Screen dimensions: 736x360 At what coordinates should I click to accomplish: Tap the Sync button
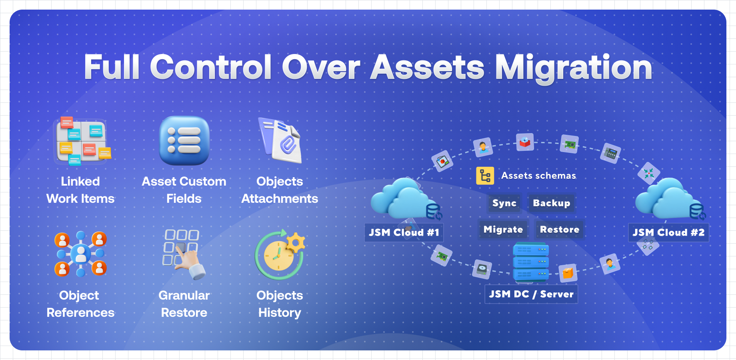(504, 203)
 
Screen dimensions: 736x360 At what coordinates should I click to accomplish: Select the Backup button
(552, 203)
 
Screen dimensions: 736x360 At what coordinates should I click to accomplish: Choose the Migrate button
(503, 230)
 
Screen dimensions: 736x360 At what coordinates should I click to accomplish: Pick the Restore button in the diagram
(560, 230)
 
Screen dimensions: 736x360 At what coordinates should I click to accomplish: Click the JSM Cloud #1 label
(404, 232)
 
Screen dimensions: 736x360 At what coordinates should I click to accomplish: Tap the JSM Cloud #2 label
(668, 232)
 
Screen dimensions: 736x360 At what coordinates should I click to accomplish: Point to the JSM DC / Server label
(531, 294)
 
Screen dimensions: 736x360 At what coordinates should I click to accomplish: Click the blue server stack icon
(531, 262)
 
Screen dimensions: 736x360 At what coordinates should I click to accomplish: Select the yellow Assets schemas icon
(485, 176)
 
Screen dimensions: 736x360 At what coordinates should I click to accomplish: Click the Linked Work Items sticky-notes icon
(82, 141)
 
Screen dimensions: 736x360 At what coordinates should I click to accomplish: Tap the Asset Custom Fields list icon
(184, 140)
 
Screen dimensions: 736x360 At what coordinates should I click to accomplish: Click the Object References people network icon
(81, 254)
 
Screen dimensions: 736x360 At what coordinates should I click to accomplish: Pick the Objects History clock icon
(280, 254)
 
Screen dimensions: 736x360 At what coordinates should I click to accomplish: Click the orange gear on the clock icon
(296, 242)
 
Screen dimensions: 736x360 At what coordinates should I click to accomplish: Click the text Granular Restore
(184, 304)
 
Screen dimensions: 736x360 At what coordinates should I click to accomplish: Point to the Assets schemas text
(538, 176)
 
